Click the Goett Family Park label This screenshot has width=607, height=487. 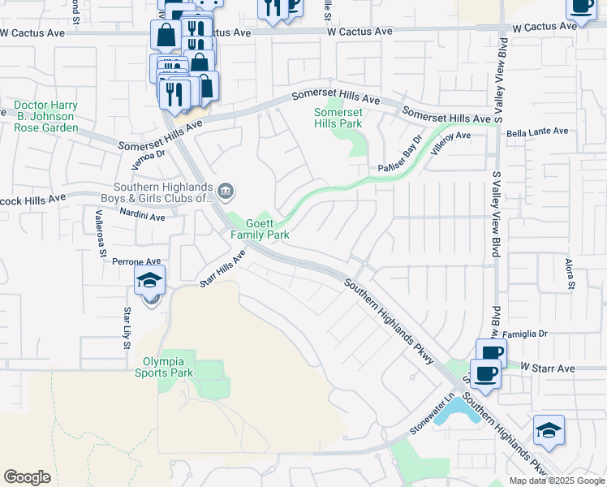260,229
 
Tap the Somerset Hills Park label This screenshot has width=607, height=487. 338,118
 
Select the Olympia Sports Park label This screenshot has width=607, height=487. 168,367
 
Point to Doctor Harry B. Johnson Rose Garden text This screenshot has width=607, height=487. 45,117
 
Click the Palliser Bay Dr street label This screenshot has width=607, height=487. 401,153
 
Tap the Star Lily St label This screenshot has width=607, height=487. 127,328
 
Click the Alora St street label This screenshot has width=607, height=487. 570,274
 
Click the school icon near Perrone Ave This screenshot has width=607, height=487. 150,281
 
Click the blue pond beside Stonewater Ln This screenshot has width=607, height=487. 454,410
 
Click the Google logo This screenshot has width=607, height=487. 27,477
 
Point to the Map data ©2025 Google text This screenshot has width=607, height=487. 555,481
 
